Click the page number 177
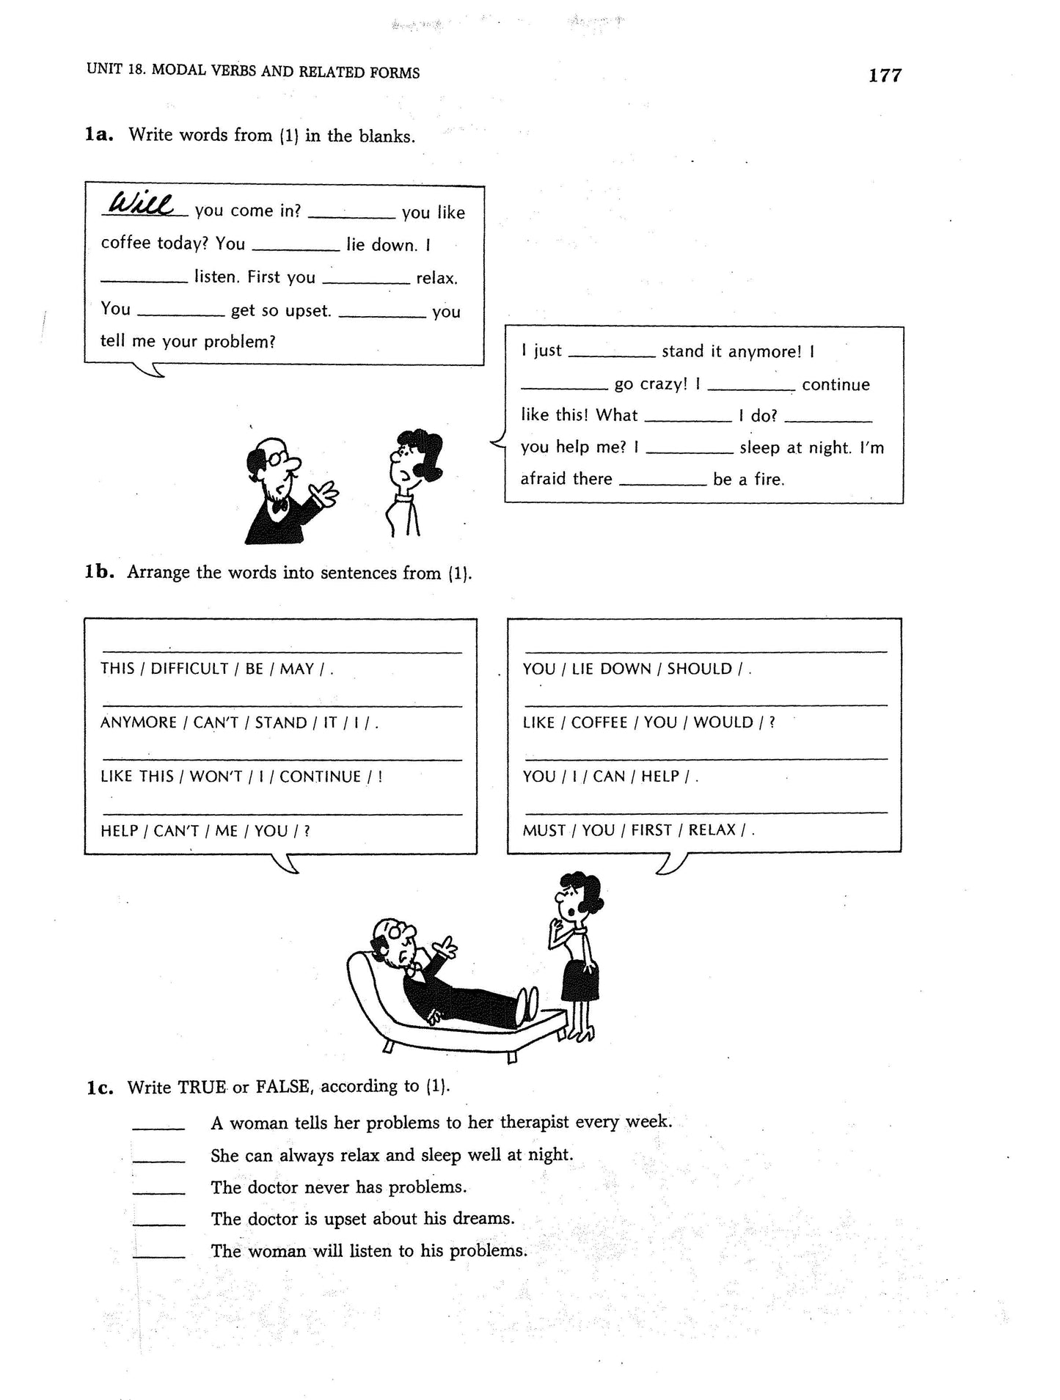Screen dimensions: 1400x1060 [885, 76]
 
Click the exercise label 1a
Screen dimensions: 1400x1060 [99, 135]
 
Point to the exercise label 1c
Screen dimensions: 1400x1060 [99, 1088]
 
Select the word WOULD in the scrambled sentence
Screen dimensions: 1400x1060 [723, 722]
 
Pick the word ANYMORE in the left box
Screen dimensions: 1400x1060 [138, 722]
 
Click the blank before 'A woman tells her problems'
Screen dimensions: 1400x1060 [158, 1124]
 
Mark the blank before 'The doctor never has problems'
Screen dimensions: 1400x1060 [158, 1187]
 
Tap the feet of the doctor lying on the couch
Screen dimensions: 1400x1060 [528, 1001]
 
